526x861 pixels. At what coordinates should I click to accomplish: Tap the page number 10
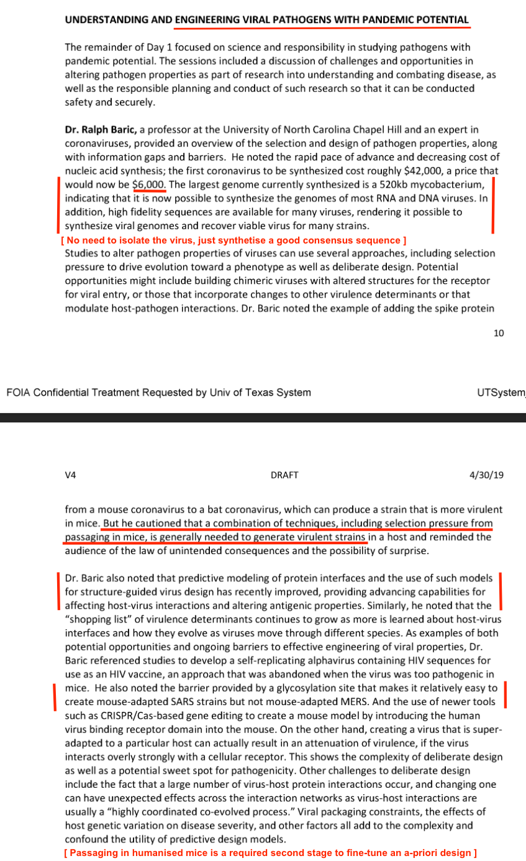[x=499, y=333]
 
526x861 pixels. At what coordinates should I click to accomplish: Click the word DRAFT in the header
[x=285, y=475]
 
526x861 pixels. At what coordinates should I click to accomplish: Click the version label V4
[x=70, y=475]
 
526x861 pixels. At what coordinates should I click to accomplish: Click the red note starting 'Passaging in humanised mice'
[x=270, y=852]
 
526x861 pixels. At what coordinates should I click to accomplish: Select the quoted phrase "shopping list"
[x=94, y=619]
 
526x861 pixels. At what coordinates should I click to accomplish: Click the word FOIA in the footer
[x=18, y=393]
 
